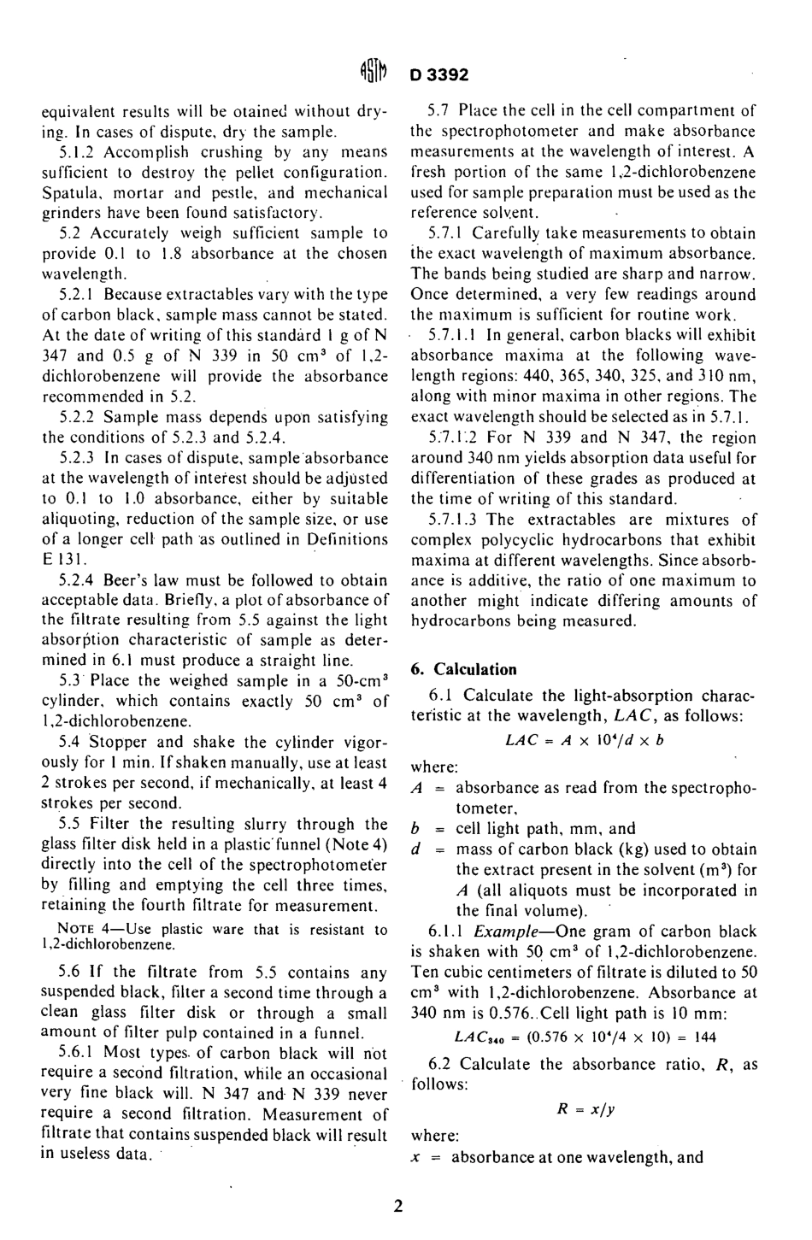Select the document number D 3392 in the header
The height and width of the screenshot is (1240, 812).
click(439, 74)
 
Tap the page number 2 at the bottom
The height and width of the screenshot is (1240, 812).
click(398, 1207)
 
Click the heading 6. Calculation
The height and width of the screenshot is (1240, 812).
click(463, 669)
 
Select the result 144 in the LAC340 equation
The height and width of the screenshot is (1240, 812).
click(704, 1037)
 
